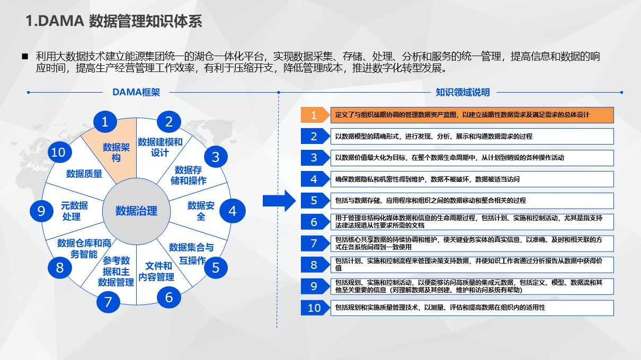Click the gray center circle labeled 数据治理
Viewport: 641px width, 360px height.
point(136,211)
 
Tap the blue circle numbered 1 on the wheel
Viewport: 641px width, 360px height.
point(105,122)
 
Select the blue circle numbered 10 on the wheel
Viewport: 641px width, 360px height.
point(58,153)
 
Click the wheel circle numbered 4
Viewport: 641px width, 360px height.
point(232,211)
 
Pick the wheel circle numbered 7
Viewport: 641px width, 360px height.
point(108,302)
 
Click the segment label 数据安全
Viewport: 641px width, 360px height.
point(201,211)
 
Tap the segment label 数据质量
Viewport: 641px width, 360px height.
point(84,174)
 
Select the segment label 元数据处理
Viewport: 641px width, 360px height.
point(74,211)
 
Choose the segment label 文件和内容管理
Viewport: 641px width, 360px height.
point(156,271)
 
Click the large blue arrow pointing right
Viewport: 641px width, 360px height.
point(278,200)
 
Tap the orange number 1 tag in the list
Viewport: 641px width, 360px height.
point(315,115)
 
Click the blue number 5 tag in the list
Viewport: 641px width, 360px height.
point(315,201)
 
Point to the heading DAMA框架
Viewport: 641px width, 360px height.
point(136,92)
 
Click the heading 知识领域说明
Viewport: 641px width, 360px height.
point(462,92)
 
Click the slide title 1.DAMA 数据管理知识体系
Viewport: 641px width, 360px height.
point(113,22)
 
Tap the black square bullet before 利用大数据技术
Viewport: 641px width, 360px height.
point(24,56)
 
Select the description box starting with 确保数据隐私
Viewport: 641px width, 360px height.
point(472,179)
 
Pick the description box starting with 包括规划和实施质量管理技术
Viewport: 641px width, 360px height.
point(472,308)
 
